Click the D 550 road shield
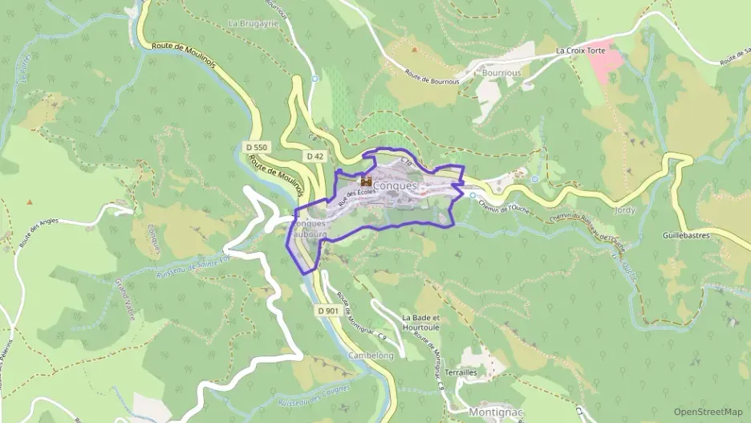pyautogui.click(x=256, y=148)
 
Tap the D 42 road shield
pyautogui.click(x=315, y=156)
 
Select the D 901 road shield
pyautogui.click(x=327, y=311)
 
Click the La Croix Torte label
pyautogui.click(x=583, y=51)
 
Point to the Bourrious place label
pyautogui.click(x=501, y=72)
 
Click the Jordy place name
pyautogui.click(x=623, y=209)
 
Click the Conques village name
pyautogui.click(x=396, y=186)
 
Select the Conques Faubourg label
pyautogui.click(x=311, y=229)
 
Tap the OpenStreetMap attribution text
pyautogui.click(x=708, y=412)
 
